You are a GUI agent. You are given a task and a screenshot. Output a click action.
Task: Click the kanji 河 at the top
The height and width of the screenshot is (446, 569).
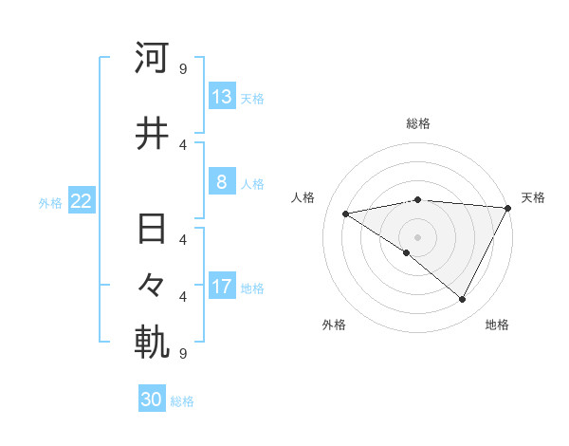(152, 58)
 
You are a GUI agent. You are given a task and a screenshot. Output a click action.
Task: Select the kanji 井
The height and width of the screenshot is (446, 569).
(152, 134)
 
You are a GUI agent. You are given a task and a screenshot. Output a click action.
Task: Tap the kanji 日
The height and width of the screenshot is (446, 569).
(152, 231)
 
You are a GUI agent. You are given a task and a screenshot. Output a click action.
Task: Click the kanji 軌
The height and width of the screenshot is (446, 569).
(152, 344)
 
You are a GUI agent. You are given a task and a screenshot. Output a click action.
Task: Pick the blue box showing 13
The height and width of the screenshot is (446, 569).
(222, 97)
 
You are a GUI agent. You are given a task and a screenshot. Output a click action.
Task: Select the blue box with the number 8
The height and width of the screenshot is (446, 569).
(222, 182)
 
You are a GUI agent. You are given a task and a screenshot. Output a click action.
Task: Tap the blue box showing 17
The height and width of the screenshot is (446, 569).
(222, 287)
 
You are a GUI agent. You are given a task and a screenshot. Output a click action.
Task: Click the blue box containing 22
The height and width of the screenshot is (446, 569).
(82, 201)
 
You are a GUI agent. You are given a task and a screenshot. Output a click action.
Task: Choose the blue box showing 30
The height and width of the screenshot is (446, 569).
(152, 400)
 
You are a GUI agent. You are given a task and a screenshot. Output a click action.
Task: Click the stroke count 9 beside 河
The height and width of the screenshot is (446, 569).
(182, 68)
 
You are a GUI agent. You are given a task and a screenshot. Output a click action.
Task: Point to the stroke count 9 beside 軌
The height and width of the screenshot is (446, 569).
(182, 354)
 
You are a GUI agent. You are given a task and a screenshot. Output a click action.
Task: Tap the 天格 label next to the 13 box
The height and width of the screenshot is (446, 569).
(252, 98)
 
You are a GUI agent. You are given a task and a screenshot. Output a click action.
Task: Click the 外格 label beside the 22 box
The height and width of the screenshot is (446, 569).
(50, 202)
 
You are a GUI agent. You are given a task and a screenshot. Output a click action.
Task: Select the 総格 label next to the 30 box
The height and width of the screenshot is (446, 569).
(182, 401)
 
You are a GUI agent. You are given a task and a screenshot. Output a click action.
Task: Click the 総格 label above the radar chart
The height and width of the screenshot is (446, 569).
(418, 123)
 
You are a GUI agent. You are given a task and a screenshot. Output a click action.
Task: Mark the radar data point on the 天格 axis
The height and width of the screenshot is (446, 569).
(508, 208)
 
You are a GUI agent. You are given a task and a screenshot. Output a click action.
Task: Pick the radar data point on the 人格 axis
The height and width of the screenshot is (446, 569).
(346, 214)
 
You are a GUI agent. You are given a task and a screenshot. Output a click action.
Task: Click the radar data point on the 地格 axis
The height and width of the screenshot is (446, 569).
(463, 300)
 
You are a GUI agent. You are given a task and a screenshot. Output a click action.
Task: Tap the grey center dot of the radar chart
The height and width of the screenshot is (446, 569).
(417, 236)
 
